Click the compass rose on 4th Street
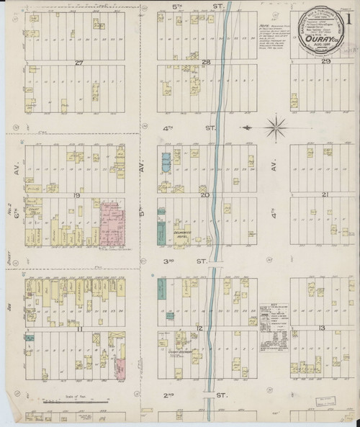tap(274, 130)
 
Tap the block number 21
tap(325, 195)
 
